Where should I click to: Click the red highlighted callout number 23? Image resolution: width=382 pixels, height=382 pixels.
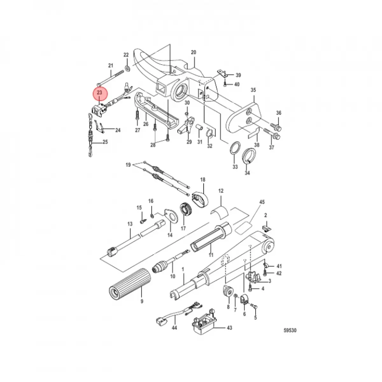pyautogui.click(x=99, y=92)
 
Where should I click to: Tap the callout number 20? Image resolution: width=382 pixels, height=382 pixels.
pyautogui.click(x=194, y=52)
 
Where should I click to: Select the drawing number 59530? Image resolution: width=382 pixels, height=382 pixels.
pyautogui.click(x=290, y=330)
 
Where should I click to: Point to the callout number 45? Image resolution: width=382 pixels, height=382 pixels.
pyautogui.click(x=262, y=202)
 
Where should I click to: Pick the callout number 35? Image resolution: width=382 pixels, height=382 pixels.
pyautogui.click(x=253, y=90)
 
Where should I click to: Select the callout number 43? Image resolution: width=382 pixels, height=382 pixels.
pyautogui.click(x=229, y=328)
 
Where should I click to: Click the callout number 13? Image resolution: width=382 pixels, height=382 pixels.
pyautogui.click(x=130, y=224)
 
